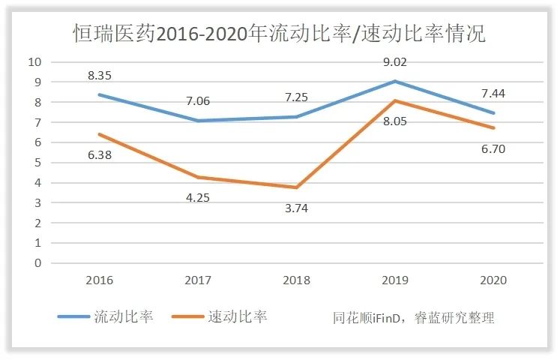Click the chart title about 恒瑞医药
point(279,34)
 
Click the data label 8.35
point(100,75)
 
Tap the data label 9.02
point(395,62)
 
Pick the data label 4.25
point(199,198)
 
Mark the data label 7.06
point(199,101)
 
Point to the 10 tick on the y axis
point(34,61)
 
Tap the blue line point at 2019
point(395,81)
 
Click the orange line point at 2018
point(297,187)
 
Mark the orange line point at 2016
point(100,134)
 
